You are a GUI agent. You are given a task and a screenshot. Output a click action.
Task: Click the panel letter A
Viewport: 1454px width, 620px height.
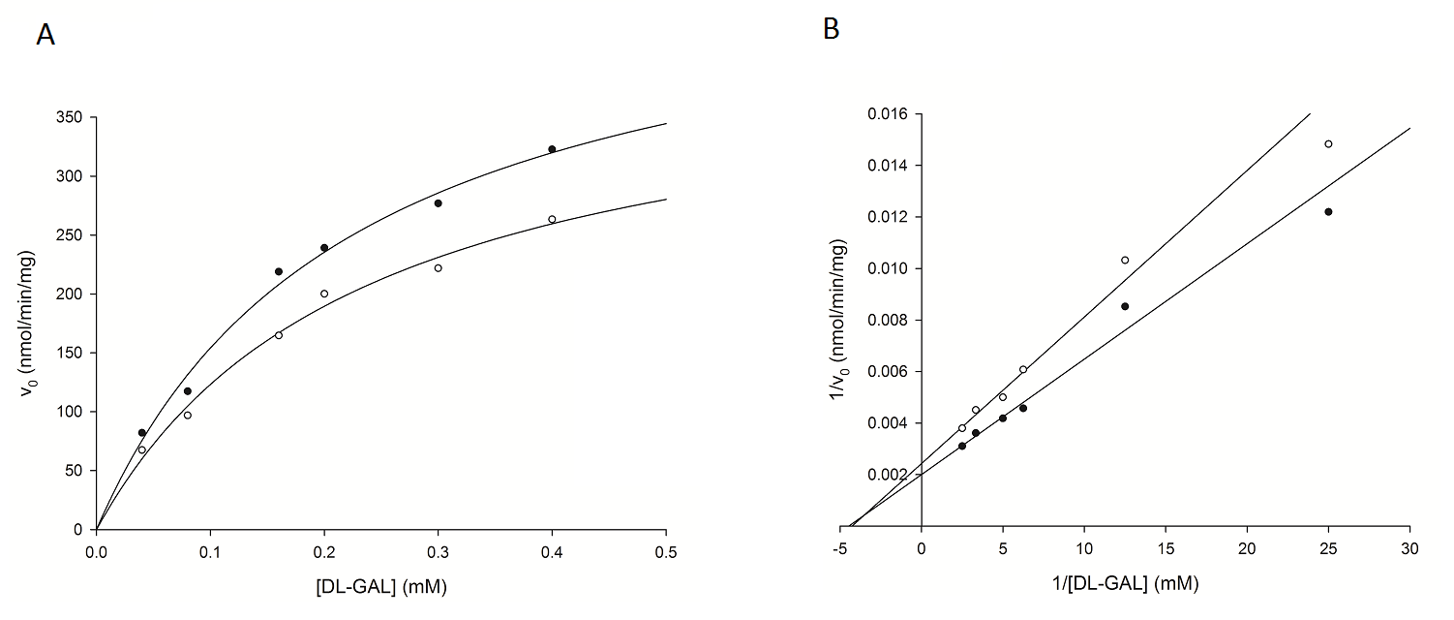[45, 35]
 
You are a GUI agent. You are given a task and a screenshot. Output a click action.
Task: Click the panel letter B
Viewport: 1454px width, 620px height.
[831, 29]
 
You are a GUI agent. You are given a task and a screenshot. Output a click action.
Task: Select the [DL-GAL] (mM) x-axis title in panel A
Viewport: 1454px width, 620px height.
[381, 585]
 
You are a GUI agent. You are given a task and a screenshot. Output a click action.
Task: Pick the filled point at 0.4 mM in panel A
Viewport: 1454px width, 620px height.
[552, 149]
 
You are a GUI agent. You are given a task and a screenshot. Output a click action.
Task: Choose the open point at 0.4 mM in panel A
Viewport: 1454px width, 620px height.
[552, 219]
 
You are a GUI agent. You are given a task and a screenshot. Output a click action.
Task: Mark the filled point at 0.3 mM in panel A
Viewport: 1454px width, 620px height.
[438, 203]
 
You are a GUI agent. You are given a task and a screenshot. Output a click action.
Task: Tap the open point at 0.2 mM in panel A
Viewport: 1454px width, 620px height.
[324, 294]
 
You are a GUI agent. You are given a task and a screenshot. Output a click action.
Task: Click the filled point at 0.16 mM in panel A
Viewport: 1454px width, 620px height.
[279, 271]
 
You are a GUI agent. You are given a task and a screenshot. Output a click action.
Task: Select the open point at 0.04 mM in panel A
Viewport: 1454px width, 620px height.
[141, 449]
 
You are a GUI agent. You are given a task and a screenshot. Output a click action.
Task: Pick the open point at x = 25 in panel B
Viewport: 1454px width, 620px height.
[1328, 143]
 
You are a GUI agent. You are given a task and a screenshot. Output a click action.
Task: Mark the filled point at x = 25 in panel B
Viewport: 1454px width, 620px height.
[1328, 211]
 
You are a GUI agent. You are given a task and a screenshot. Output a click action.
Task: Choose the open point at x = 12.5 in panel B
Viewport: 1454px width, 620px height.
[1125, 260]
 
